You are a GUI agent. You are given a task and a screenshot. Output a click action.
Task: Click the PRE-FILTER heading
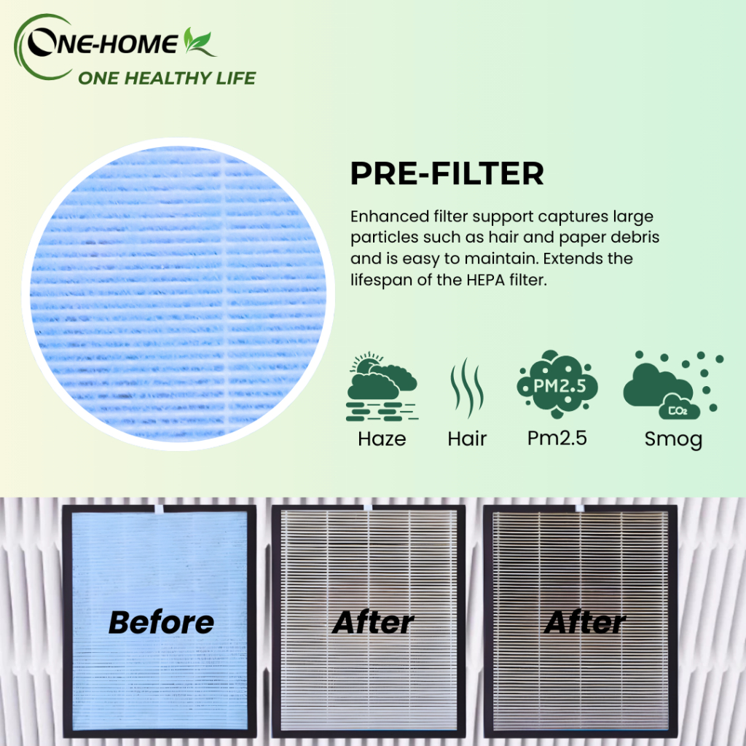click(447, 173)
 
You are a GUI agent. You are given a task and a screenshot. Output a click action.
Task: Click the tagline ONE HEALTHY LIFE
click(167, 78)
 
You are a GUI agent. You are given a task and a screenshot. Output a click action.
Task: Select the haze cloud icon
click(382, 387)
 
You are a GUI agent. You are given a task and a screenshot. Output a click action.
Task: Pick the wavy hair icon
click(467, 388)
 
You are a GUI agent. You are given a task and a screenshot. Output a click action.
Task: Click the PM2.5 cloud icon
click(557, 385)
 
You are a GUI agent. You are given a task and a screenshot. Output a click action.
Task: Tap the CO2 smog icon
click(673, 385)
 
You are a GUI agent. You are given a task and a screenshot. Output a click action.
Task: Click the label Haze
click(382, 439)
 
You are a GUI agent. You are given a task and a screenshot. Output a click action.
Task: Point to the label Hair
click(467, 439)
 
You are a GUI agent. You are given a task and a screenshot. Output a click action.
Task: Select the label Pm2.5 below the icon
click(557, 438)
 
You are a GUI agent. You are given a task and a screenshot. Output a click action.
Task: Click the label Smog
click(673, 439)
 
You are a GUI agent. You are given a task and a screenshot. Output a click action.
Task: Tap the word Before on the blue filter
click(161, 622)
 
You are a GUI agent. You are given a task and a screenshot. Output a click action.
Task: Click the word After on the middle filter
click(373, 622)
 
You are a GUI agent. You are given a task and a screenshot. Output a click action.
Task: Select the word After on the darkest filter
click(585, 622)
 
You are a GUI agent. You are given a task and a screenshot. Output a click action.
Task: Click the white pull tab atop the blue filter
click(159, 509)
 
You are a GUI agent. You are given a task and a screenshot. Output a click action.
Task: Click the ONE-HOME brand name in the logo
click(102, 44)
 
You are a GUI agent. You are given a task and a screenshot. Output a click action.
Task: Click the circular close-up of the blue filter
click(178, 294)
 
